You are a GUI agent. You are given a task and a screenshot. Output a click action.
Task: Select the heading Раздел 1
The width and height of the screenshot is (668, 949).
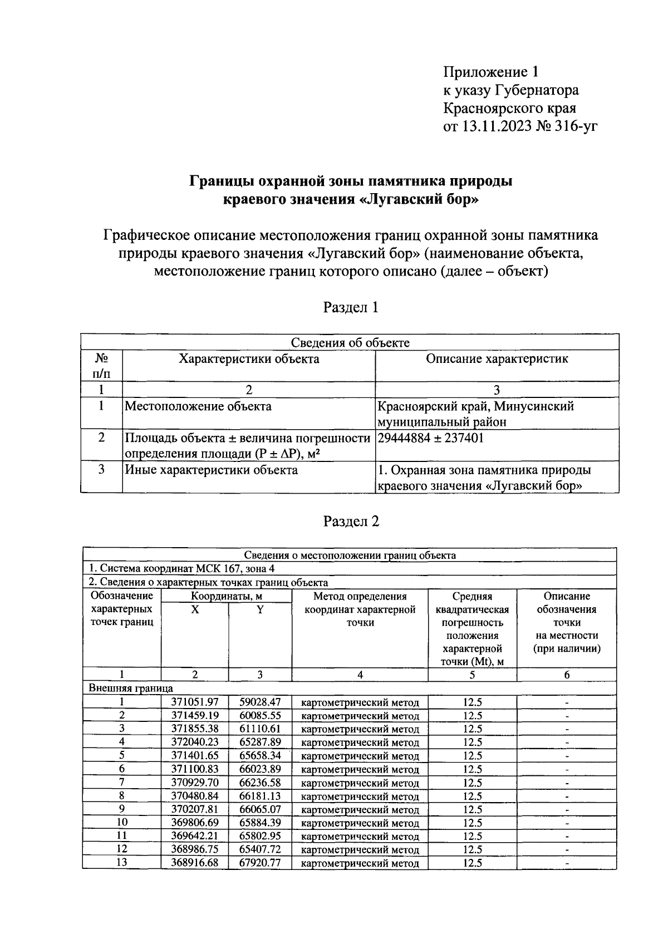click(351, 307)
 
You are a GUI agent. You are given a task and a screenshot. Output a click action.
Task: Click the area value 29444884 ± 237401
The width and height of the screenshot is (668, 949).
click(430, 438)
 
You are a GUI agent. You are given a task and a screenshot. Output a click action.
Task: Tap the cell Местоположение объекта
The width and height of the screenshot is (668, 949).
click(198, 406)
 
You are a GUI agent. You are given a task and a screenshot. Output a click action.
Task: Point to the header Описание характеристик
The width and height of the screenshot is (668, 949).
click(497, 359)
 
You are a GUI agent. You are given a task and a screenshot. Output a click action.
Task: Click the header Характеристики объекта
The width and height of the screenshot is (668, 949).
click(248, 359)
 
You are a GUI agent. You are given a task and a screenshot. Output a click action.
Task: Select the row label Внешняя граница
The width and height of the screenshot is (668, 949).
click(131, 689)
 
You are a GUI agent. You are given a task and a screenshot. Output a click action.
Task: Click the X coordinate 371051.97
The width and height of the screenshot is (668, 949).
click(195, 702)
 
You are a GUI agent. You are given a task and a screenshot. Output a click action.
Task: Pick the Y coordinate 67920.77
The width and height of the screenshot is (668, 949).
click(260, 863)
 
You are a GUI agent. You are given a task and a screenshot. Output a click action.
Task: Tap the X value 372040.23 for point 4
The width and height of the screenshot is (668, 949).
click(195, 743)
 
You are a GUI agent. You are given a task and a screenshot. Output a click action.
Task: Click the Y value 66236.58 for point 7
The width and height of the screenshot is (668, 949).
click(260, 783)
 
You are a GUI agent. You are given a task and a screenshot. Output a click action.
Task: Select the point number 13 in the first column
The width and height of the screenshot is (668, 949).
click(121, 863)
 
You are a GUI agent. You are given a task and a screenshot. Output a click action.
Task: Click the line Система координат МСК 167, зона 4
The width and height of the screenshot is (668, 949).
click(182, 569)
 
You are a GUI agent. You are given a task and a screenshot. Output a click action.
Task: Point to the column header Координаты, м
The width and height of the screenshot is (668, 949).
click(227, 596)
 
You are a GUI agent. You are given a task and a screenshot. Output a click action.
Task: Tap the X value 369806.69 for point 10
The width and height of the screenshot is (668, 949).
click(195, 823)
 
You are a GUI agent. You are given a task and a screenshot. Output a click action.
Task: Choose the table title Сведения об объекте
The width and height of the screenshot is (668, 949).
click(350, 343)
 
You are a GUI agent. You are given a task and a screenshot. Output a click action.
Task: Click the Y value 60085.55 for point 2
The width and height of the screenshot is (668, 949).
click(260, 716)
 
